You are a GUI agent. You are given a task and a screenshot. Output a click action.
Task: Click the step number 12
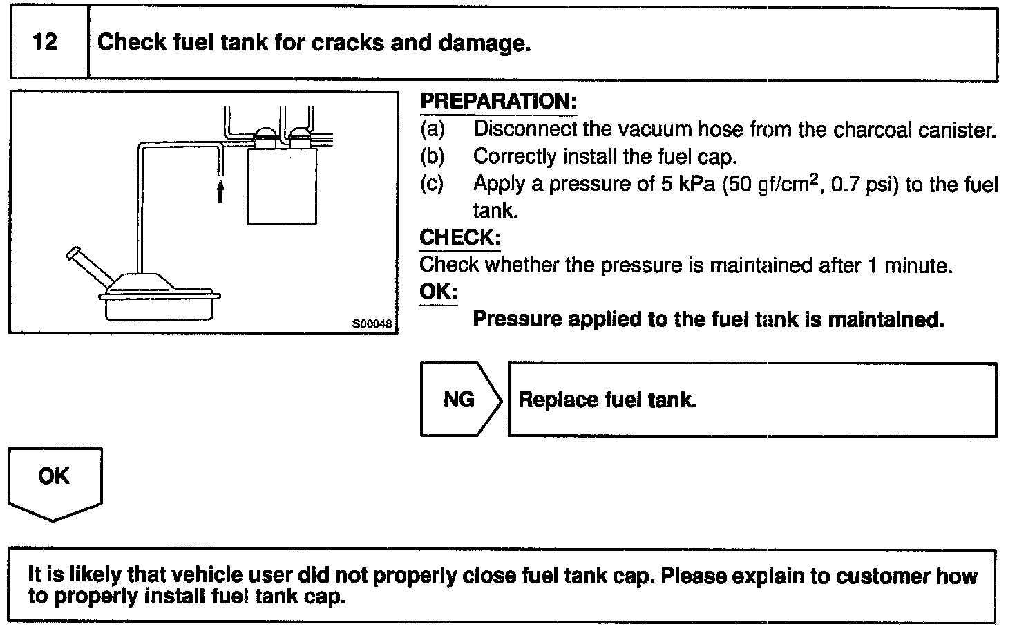45,43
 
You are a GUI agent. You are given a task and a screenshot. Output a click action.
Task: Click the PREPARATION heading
498,102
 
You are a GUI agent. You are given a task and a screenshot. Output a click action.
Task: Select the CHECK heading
460,238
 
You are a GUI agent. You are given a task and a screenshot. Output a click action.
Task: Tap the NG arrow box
459,400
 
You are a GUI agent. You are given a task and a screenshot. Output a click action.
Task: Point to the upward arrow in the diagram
220,191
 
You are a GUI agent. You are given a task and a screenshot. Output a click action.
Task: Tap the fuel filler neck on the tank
88,266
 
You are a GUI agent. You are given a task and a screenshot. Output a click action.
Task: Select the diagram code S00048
372,323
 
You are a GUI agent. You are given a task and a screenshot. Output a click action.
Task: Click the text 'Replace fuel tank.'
607,400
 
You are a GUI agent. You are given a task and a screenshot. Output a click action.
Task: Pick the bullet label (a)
433,129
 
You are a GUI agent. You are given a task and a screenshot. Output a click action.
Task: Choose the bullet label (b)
433,157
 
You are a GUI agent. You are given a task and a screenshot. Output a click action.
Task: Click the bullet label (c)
433,185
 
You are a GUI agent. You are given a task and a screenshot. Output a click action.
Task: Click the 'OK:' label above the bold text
438,292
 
